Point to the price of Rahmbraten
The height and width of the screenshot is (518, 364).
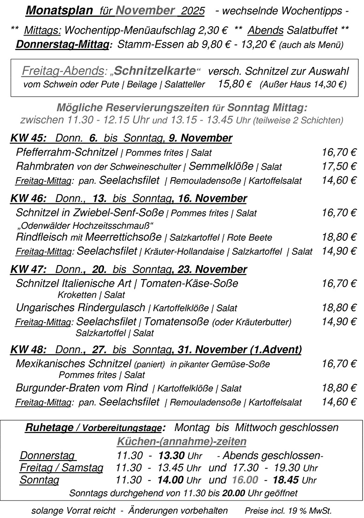tap(339, 166)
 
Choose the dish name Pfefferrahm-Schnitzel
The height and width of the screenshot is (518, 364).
tap(67, 152)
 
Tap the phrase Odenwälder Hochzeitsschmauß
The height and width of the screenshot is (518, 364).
tap(84, 225)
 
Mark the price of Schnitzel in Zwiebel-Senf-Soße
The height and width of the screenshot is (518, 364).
tap(339, 213)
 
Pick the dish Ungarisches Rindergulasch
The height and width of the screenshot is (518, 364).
tap(80, 308)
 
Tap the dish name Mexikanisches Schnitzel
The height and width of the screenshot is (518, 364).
tap(73, 363)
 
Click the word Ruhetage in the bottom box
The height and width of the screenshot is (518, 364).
tap(49, 428)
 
